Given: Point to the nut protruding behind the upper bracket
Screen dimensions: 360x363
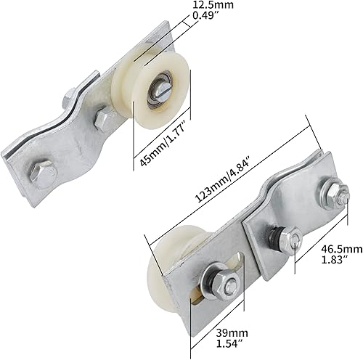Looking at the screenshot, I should (x=70, y=95).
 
